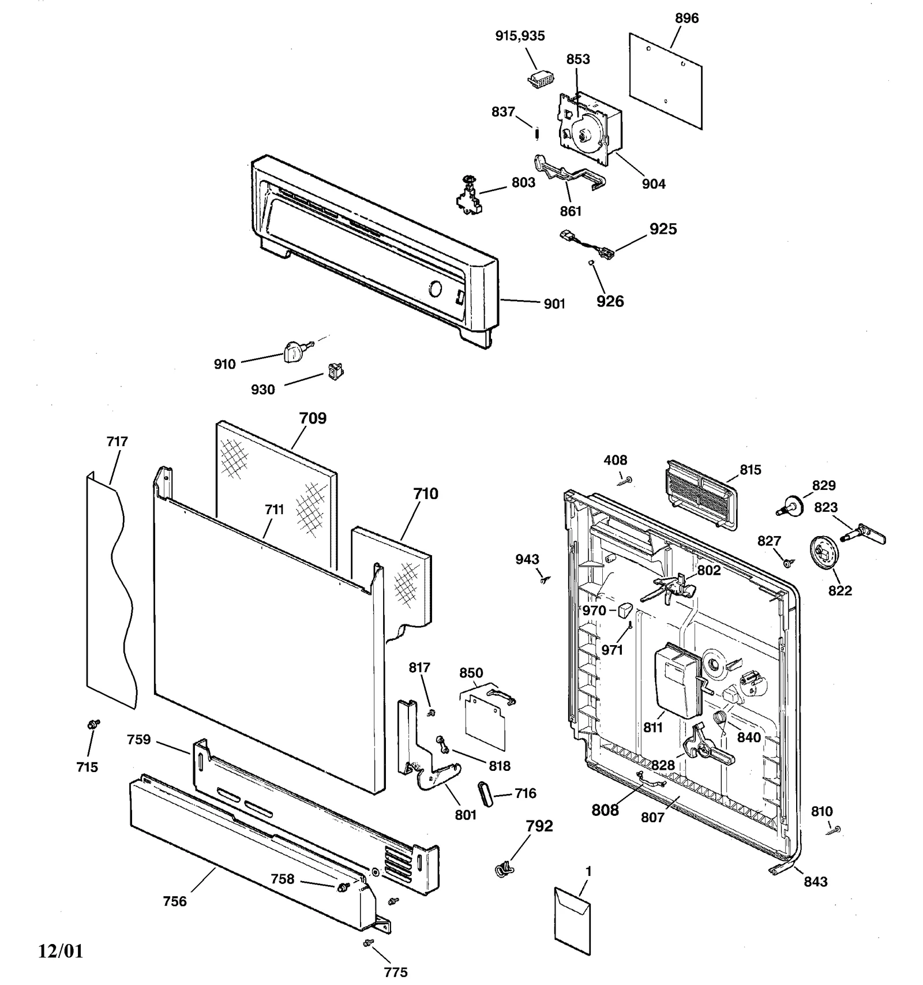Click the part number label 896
coord(686,18)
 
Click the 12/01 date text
coord(61,951)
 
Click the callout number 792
coord(539,826)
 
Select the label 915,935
coord(520,36)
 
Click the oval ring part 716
coord(486,794)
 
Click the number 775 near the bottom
coord(396,972)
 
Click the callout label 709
coord(313,418)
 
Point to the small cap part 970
coord(625,609)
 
